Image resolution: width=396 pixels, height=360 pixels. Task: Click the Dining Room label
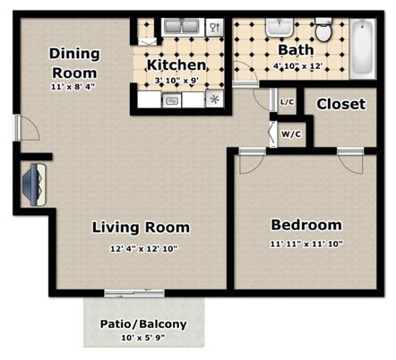(x=74, y=63)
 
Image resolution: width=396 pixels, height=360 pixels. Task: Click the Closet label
(x=340, y=104)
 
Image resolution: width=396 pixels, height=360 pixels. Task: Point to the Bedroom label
(x=306, y=225)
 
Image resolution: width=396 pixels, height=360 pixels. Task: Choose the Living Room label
(x=141, y=227)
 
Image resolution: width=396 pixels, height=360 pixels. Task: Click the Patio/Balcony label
(x=144, y=323)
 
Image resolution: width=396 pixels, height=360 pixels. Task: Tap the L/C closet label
(x=287, y=103)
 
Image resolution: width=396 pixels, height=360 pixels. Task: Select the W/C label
(x=291, y=134)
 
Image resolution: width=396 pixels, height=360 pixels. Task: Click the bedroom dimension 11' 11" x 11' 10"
(x=306, y=244)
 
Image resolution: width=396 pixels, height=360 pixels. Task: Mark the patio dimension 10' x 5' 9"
(x=144, y=339)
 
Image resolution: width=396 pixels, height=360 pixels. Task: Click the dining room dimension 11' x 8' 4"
(x=74, y=87)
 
